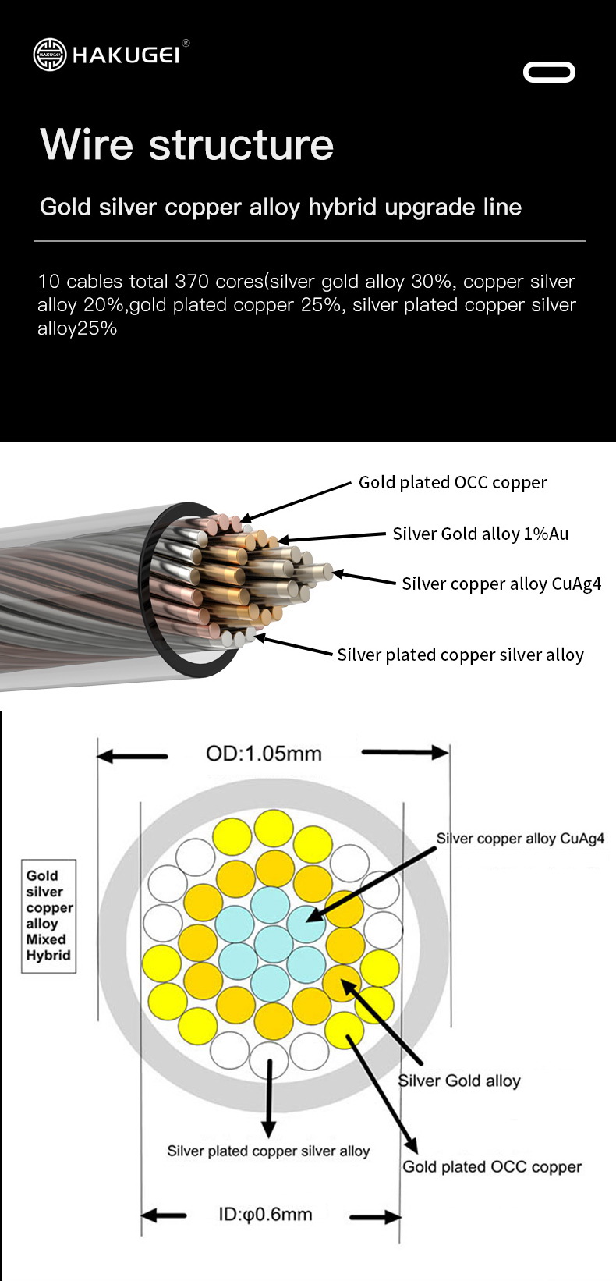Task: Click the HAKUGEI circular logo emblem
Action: [50, 55]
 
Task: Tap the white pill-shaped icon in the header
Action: [549, 73]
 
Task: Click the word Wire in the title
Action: [87, 144]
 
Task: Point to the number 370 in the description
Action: [192, 282]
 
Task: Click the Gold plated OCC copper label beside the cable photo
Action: [452, 483]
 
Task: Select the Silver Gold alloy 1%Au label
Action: [480, 534]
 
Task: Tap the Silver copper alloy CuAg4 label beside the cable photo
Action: [501, 584]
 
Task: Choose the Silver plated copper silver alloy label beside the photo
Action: [460, 655]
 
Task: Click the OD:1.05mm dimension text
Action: [264, 754]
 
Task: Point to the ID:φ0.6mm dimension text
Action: [265, 1215]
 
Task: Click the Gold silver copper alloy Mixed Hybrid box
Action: [48, 916]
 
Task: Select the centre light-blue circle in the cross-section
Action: [273, 942]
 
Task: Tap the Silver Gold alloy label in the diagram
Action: [459, 1081]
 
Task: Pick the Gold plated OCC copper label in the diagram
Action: [492, 1167]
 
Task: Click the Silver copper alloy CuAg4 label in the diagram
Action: [520, 839]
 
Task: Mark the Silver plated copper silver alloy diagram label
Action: [268, 1151]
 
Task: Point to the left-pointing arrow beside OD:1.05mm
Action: [133, 755]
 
